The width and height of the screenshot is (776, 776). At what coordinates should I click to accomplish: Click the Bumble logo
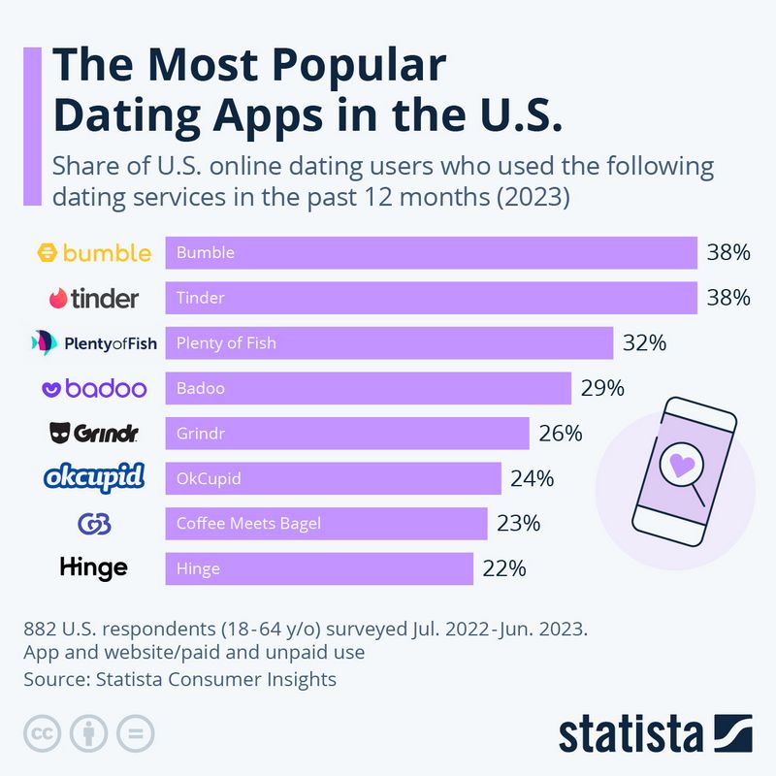click(x=93, y=253)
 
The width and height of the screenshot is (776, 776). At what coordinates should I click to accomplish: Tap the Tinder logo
click(x=93, y=298)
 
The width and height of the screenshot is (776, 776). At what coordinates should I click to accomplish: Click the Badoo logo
click(x=93, y=388)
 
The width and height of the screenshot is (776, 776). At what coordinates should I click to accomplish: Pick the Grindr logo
click(x=93, y=433)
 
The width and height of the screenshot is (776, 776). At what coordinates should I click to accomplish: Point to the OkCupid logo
click(x=94, y=477)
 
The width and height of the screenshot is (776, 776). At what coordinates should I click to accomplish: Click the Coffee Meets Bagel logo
click(x=94, y=524)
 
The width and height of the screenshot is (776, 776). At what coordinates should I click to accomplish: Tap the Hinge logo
click(x=93, y=567)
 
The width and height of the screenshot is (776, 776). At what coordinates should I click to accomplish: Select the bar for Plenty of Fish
click(x=389, y=342)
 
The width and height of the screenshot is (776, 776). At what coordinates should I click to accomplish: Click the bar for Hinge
click(x=319, y=568)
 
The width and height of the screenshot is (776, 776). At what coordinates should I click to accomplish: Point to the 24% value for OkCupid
click(x=533, y=478)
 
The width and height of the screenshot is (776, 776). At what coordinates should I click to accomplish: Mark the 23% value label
click(x=519, y=524)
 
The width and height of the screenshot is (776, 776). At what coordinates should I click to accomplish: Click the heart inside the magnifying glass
click(x=683, y=464)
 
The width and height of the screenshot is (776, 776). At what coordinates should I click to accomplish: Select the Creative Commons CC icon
click(x=43, y=732)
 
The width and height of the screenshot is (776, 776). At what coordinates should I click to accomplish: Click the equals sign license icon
click(x=136, y=732)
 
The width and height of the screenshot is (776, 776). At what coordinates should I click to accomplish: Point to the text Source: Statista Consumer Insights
click(x=179, y=679)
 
